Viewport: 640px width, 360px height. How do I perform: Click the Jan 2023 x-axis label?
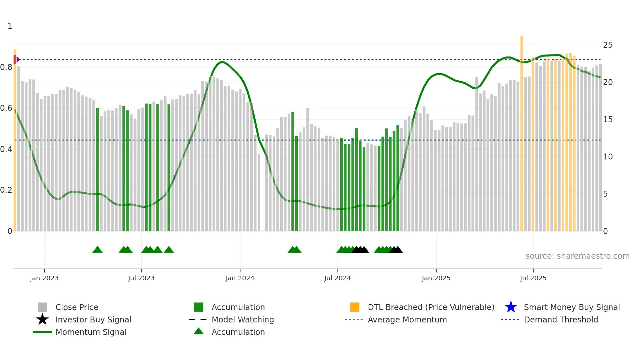tap(44, 278)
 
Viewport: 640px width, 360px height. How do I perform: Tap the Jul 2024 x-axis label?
tap(337, 278)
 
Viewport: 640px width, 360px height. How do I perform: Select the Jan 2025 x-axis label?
tap(436, 278)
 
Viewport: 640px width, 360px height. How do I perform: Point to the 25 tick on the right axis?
tap(608, 45)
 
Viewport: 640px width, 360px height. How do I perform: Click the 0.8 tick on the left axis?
tap(7, 67)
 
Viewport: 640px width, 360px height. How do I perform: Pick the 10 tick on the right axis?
tap(608, 157)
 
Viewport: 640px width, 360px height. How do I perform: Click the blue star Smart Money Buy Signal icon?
tap(511, 307)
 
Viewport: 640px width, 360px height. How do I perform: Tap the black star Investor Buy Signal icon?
tap(42, 319)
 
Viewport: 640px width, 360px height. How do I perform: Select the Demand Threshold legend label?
tap(561, 319)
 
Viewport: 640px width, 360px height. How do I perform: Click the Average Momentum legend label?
tap(407, 319)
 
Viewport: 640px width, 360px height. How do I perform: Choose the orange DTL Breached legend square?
tap(355, 307)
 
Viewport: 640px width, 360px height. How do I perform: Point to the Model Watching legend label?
tap(243, 319)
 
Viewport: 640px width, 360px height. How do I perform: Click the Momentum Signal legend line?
tap(42, 332)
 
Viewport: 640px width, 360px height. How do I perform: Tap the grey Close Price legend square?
tap(42, 307)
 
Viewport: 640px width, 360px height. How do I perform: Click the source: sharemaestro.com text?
tap(577, 256)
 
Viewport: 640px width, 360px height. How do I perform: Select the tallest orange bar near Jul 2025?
tap(521, 131)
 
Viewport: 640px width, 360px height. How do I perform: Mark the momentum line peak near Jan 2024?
tap(222, 62)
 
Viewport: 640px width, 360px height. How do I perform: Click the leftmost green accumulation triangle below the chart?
tap(97, 250)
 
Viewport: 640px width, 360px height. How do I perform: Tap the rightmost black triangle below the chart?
tap(398, 250)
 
